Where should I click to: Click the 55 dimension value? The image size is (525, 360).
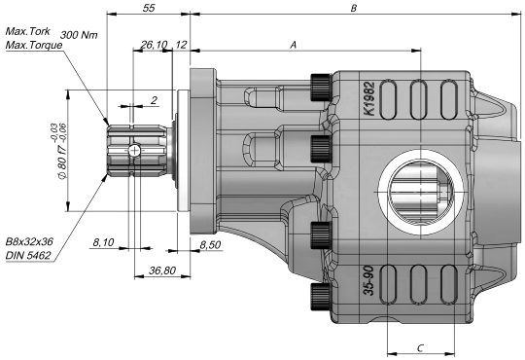(x=149, y=8)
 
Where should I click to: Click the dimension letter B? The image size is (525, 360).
(x=354, y=8)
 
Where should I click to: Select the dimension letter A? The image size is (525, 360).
(x=293, y=45)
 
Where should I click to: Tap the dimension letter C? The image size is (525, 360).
(x=421, y=348)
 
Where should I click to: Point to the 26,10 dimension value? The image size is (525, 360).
(x=154, y=44)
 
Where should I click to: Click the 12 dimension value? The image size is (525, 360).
(x=181, y=44)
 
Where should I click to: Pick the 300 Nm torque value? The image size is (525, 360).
(x=79, y=35)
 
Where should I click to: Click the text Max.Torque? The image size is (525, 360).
(x=34, y=45)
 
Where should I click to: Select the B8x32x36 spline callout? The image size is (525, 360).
(x=29, y=241)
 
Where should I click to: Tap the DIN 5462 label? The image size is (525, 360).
(x=28, y=256)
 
